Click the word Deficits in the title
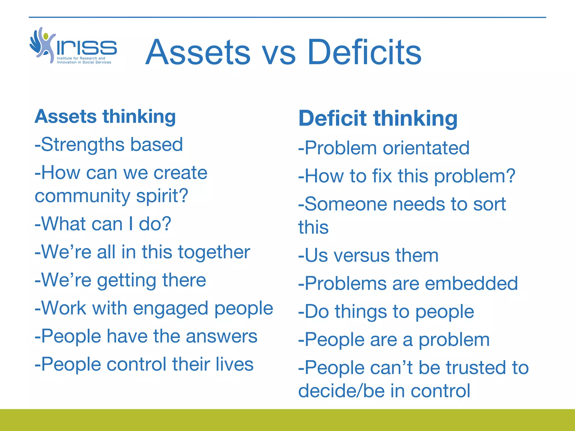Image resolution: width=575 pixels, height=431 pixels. pos(364,52)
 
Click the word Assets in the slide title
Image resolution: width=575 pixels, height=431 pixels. pos(198,52)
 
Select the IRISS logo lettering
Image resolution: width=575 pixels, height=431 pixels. pos(87,48)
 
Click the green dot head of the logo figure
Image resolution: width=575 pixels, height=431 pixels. pos(46,36)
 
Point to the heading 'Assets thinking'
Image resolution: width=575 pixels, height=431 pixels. pos(105,116)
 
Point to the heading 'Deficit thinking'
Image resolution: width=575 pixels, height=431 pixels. pos(378,118)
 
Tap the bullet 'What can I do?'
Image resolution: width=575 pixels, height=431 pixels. pos(103,224)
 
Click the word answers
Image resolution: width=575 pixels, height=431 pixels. pos(222,336)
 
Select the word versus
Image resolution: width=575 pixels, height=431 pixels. pos(361,256)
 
